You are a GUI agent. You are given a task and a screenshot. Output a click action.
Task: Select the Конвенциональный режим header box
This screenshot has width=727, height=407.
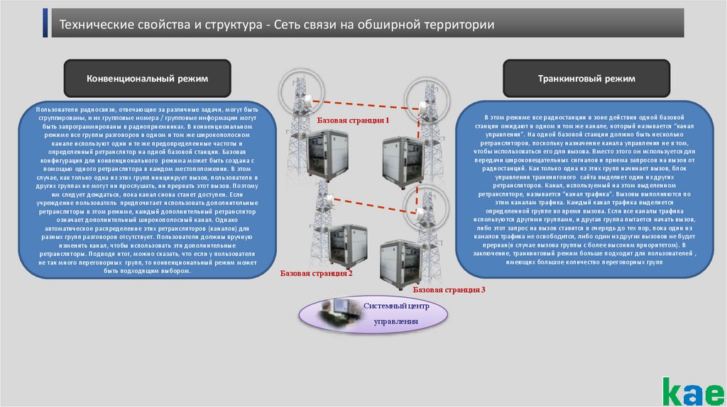(x=147, y=79)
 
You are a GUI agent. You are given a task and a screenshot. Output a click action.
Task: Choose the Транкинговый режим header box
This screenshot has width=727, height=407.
(x=586, y=79)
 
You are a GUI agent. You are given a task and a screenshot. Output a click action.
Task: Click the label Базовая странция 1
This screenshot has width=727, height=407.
(x=354, y=121)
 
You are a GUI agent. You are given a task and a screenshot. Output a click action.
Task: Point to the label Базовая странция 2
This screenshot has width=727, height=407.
(x=316, y=272)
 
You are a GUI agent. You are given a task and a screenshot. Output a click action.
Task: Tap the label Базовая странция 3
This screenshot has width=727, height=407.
(x=449, y=290)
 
